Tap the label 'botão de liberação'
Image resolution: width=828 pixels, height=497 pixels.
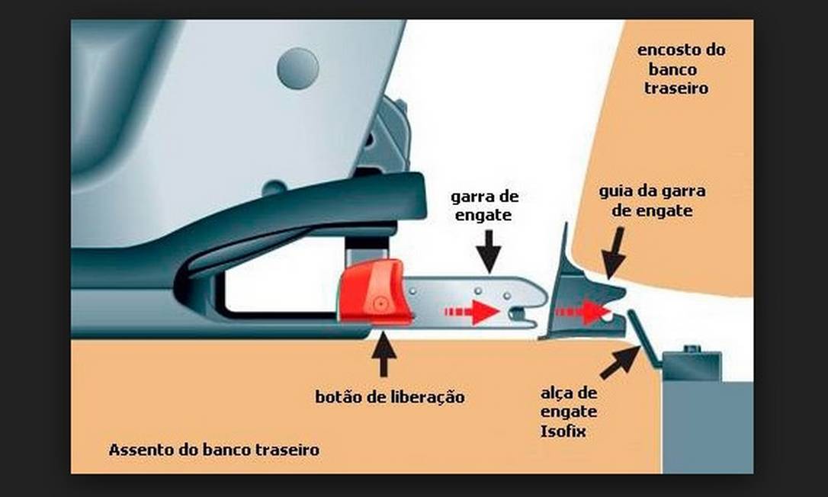click(390, 396)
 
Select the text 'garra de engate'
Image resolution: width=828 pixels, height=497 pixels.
click(484, 206)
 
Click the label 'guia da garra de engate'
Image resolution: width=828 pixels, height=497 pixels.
click(652, 200)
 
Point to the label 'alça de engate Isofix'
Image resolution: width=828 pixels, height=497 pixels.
click(568, 412)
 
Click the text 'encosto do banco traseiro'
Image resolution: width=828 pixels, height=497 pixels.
click(680, 69)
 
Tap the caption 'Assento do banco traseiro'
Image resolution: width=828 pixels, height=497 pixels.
click(214, 450)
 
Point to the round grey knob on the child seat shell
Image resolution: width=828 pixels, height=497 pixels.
click(298, 69)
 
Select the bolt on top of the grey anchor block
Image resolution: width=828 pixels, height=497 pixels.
click(692, 349)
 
